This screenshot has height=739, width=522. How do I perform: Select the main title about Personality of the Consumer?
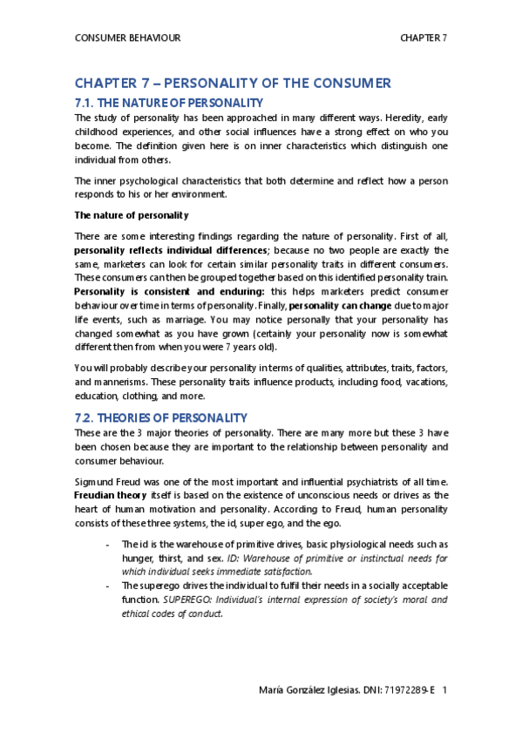click(x=233, y=84)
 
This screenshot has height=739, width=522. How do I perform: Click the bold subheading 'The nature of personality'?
click(x=132, y=214)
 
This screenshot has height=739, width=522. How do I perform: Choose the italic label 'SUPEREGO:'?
click(x=190, y=600)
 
